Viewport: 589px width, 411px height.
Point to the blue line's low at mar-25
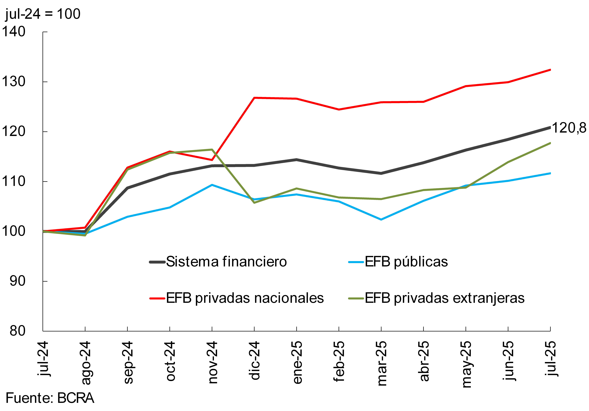381,219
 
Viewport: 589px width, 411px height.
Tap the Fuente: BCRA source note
50,398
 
